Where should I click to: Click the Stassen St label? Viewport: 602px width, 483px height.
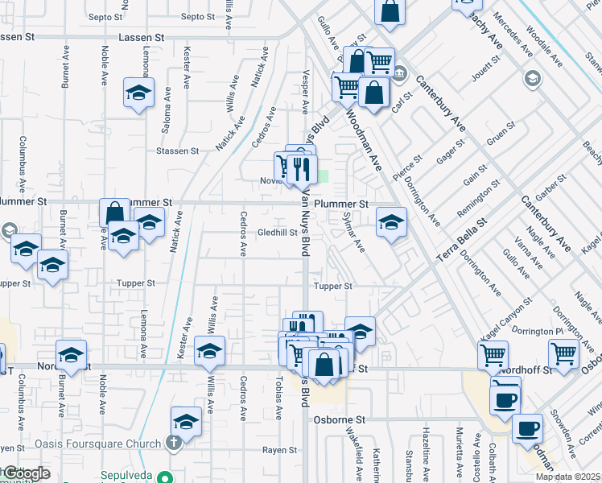(x=178, y=151)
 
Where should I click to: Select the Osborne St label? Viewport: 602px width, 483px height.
(x=345, y=420)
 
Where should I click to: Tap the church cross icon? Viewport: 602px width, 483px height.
(x=173, y=443)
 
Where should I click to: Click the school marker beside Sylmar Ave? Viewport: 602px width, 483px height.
(x=391, y=221)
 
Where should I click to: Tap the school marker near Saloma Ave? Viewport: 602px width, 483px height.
(x=139, y=92)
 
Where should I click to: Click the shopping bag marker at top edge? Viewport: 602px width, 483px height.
(x=390, y=12)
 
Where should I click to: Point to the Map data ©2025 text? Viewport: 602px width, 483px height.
(x=567, y=477)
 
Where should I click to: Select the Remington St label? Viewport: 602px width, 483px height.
(x=478, y=197)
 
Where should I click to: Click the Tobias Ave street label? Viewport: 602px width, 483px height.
(x=278, y=398)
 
